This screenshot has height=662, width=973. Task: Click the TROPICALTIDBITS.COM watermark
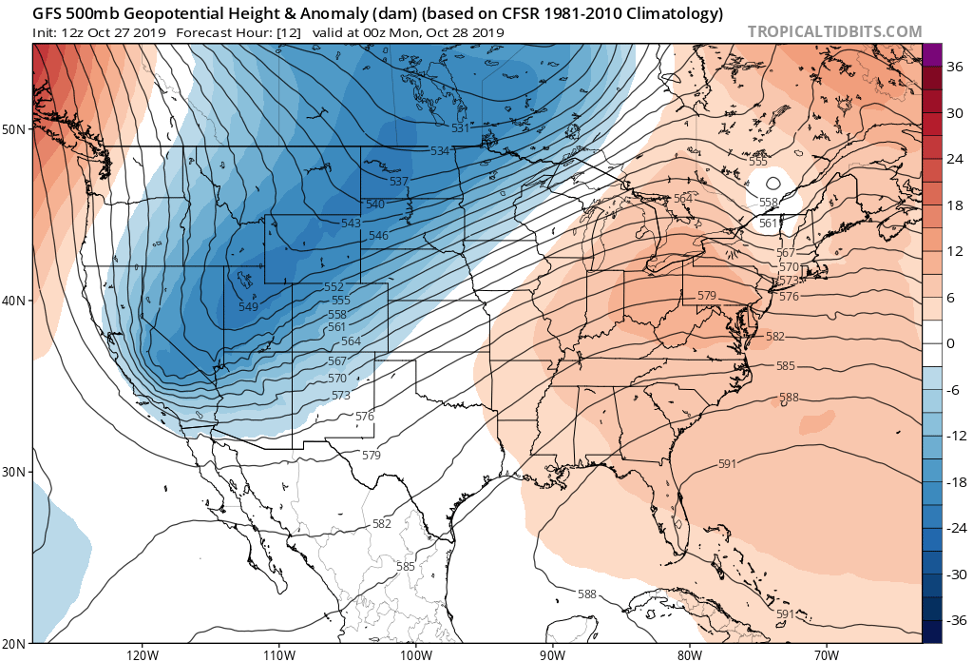pyautogui.click(x=834, y=31)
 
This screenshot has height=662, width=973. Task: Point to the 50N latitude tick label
pyautogui.click(x=17, y=128)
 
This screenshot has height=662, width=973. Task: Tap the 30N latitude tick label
pyautogui.click(x=17, y=472)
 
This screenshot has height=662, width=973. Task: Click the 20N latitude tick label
pyautogui.click(x=17, y=643)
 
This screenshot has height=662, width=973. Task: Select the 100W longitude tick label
pyautogui.click(x=415, y=654)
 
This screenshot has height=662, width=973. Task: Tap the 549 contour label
pyautogui.click(x=248, y=306)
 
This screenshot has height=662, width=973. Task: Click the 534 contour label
pyautogui.click(x=439, y=151)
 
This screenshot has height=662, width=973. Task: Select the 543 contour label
pyautogui.click(x=351, y=223)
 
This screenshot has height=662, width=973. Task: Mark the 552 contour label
pyautogui.click(x=334, y=287)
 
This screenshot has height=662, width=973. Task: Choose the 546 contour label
pyautogui.click(x=378, y=236)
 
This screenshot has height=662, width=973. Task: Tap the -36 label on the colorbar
pyautogui.click(x=950, y=620)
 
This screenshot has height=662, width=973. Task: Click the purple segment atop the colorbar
pyautogui.click(x=931, y=54)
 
